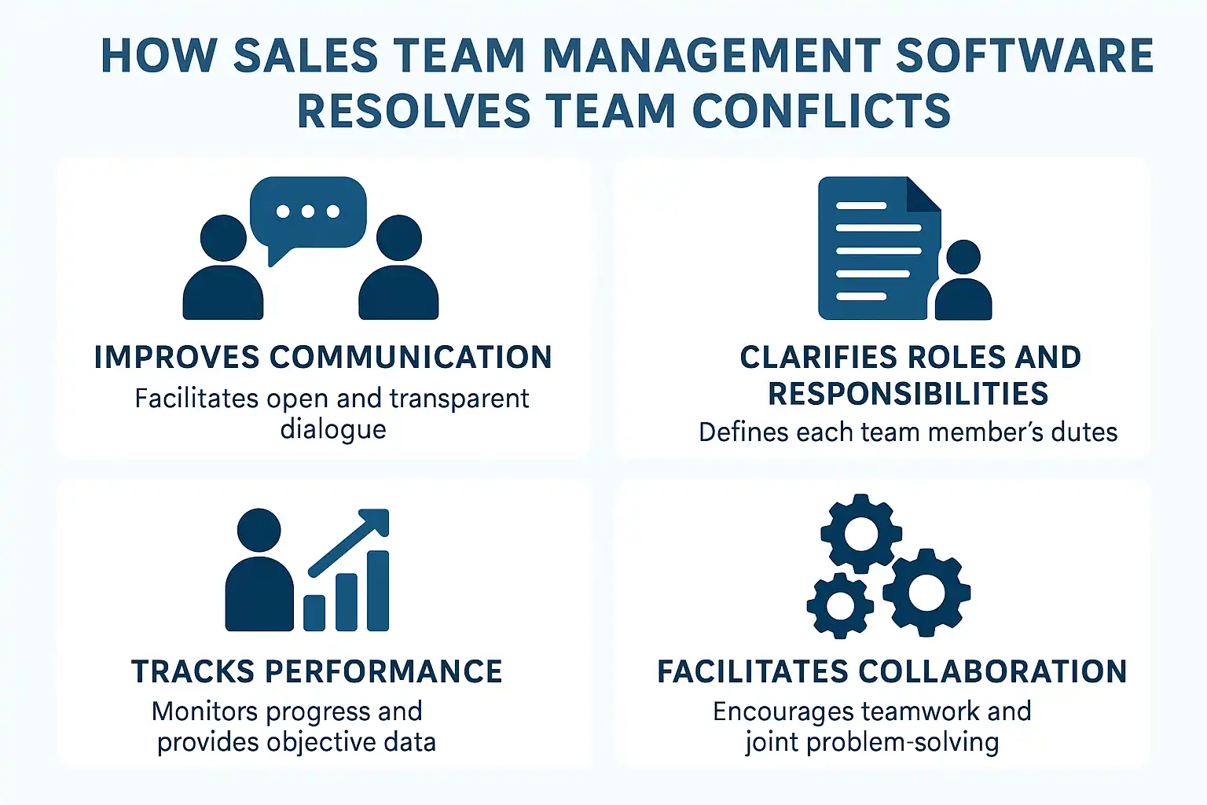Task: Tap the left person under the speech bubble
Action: point(223,275)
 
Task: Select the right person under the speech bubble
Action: point(399,275)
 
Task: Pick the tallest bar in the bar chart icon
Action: point(378,590)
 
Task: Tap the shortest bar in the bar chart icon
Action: point(314,612)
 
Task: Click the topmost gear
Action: point(860,534)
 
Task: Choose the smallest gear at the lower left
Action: point(840,605)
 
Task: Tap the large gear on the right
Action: point(926,592)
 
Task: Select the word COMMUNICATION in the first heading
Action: point(410,358)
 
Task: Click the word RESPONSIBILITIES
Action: point(908,394)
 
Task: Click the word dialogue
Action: point(333,430)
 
